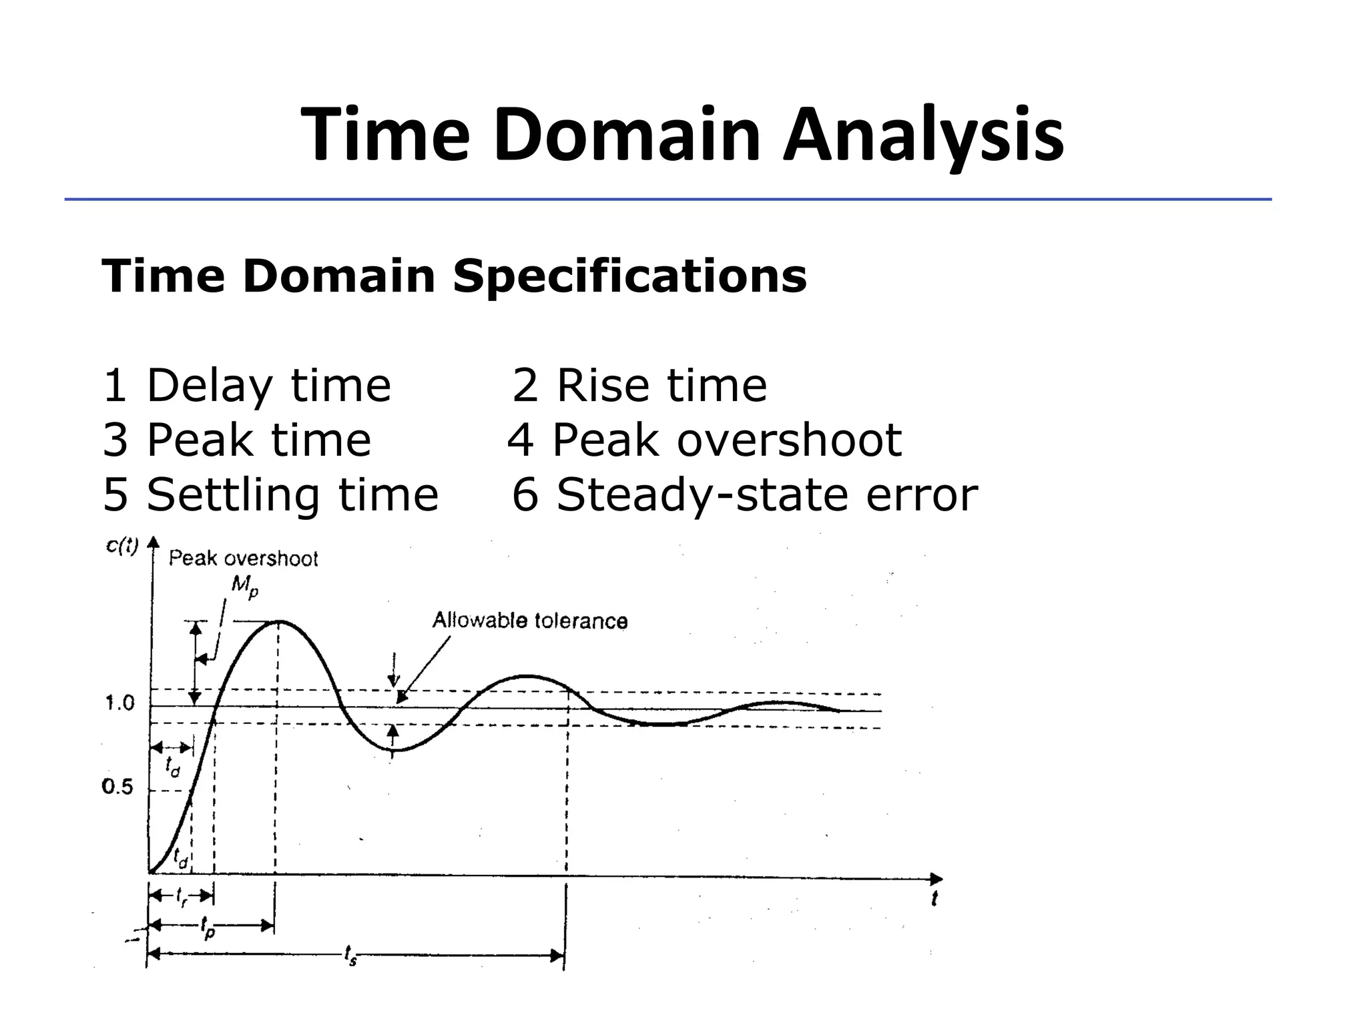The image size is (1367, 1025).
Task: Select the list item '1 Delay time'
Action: click(247, 386)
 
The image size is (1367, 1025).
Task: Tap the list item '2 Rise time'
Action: click(639, 386)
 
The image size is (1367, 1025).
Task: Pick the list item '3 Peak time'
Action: click(237, 440)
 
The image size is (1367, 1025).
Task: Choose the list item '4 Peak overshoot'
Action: click(705, 440)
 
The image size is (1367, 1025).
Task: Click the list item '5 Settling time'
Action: click(271, 495)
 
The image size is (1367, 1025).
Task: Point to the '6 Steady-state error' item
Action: click(745, 495)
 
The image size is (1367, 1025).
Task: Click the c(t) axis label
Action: click(122, 547)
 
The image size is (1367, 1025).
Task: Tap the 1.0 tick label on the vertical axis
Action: click(120, 703)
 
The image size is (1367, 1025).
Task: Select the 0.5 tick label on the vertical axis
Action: click(117, 787)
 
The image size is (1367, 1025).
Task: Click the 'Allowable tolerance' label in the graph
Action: click(530, 621)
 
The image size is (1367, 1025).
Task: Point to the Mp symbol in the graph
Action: click(244, 587)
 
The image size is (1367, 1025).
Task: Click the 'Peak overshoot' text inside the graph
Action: click(243, 559)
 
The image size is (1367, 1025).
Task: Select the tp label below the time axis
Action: click(208, 927)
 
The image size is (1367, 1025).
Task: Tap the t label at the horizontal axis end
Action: click(934, 900)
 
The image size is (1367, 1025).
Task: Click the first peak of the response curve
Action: click(278, 621)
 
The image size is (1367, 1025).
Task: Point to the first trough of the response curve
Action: click(394, 750)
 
